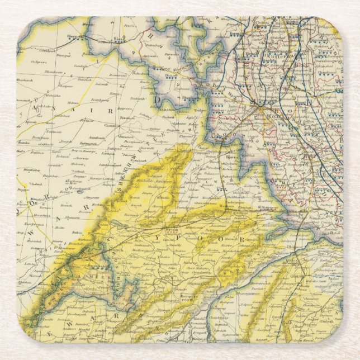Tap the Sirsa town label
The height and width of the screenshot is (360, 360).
pos(119,39)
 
